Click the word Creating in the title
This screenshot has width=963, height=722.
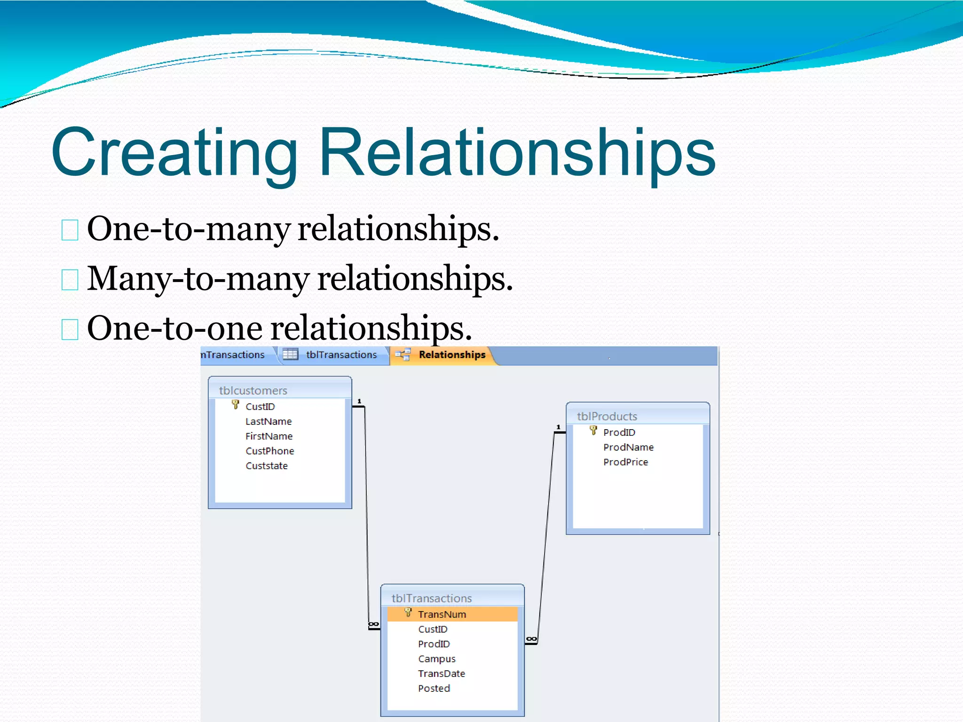click(174, 153)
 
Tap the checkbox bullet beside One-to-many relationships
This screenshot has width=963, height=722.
click(70, 230)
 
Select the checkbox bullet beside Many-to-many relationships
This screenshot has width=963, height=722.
click(70, 280)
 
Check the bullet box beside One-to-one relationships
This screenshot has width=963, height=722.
click(70, 330)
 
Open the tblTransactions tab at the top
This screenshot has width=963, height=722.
click(341, 355)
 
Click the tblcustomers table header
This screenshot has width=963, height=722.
click(253, 390)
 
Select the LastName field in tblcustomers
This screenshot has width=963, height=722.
click(268, 422)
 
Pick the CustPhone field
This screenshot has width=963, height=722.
click(269, 451)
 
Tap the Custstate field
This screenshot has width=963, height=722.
click(267, 466)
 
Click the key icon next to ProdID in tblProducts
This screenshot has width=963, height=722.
click(593, 431)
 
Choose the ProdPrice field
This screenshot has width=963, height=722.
click(625, 462)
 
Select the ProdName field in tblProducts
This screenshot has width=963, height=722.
click(628, 447)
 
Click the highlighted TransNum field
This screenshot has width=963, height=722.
click(442, 614)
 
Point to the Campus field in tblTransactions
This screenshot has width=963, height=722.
click(437, 659)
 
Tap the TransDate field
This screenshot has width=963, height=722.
click(442, 674)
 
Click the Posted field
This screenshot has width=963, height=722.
click(434, 689)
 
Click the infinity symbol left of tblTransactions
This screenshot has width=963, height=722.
click(373, 624)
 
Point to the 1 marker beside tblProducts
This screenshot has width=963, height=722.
click(559, 427)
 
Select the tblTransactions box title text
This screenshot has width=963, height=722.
click(432, 598)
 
